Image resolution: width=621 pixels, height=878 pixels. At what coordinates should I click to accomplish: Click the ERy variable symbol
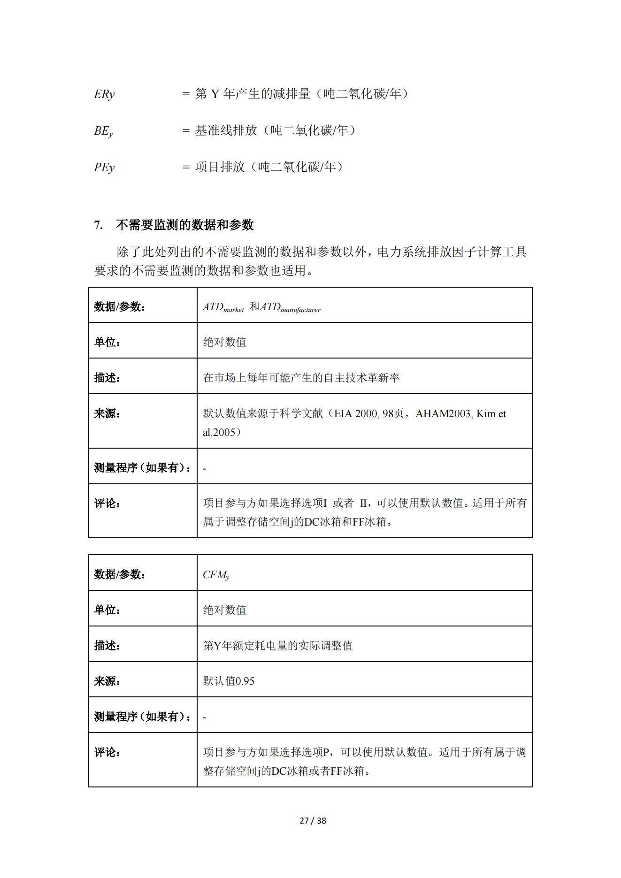click(x=104, y=94)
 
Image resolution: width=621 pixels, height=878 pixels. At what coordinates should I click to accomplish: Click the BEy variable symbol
click(x=103, y=131)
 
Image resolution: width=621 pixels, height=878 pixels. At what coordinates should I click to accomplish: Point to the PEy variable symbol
click(x=104, y=168)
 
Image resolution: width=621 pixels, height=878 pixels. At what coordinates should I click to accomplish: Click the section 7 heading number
click(x=98, y=225)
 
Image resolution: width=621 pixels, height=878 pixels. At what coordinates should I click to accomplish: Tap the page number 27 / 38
click(x=313, y=821)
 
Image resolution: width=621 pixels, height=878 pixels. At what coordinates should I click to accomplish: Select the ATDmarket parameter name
click(x=223, y=307)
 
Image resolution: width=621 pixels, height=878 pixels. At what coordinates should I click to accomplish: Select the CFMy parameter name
click(x=216, y=575)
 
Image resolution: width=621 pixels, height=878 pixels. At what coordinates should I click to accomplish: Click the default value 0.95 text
click(x=245, y=681)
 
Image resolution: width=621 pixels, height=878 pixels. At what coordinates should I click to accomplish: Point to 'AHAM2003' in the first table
click(x=443, y=414)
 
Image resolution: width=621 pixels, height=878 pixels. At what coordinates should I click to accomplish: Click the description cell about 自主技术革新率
click(x=301, y=378)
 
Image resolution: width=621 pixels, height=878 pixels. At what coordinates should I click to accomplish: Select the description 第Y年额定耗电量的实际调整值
click(x=278, y=646)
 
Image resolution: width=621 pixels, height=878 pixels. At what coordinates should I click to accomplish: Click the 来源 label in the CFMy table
click(x=107, y=681)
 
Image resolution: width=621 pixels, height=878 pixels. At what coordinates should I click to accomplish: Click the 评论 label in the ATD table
click(x=107, y=504)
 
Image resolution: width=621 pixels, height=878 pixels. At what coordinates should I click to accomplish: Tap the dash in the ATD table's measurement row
click(x=205, y=468)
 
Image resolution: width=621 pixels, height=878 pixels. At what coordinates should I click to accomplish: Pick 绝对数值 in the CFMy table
click(x=224, y=610)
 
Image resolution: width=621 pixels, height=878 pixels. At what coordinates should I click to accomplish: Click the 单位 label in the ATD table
click(x=107, y=342)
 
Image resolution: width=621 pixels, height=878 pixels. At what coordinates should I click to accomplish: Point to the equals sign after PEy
click(x=186, y=168)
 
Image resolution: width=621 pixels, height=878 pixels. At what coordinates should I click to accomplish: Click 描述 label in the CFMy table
click(x=107, y=646)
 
